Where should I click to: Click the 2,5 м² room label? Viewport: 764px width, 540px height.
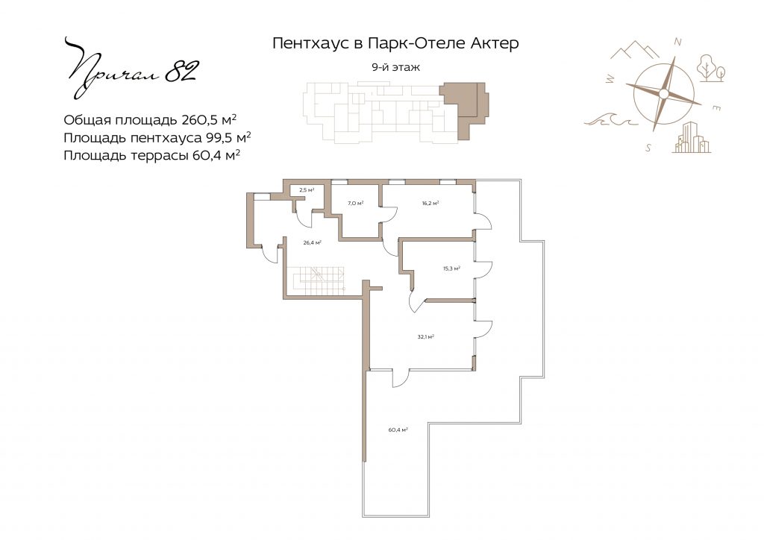point(307,190)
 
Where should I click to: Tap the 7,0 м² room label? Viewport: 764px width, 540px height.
point(356,203)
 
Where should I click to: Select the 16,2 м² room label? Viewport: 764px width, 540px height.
point(430,203)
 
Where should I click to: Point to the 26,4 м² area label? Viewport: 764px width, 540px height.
point(312,242)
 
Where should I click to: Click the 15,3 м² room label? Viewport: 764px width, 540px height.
point(451,269)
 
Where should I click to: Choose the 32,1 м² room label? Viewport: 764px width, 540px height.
point(426,336)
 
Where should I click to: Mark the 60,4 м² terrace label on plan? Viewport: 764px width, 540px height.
point(398,430)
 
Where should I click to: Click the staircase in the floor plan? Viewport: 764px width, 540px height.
point(316,281)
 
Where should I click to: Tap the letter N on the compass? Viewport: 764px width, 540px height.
point(677,43)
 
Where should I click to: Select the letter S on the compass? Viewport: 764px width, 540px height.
point(648,148)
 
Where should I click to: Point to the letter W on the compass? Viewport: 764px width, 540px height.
point(610,78)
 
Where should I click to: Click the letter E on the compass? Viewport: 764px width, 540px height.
point(717,109)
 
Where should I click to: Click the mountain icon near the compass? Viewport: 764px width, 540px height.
point(635,50)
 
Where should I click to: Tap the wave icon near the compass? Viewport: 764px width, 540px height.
point(611,119)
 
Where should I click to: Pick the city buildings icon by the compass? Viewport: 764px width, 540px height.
point(691,137)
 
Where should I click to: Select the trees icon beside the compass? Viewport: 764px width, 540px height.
point(711,68)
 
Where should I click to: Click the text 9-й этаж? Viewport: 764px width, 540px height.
point(395,67)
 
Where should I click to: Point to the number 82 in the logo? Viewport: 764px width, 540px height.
point(181,71)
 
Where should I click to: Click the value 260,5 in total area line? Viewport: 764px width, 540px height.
point(198,120)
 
